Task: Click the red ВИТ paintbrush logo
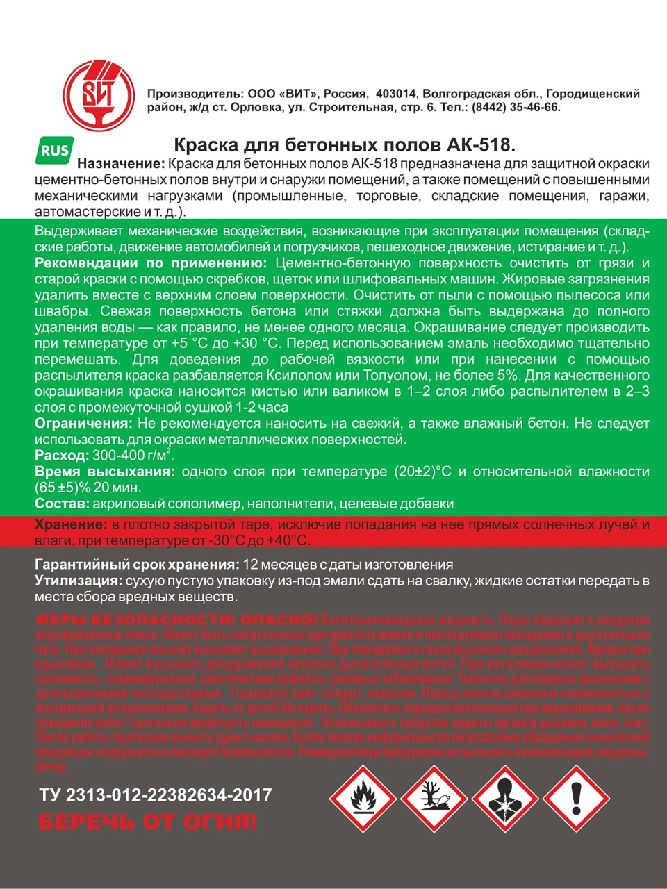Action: point(99,95)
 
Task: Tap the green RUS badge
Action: point(54,151)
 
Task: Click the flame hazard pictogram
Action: point(363,798)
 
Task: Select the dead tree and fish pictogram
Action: point(434,798)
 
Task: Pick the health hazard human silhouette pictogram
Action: point(505,798)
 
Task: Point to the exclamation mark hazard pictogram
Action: point(576,798)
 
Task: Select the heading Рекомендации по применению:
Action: point(150,263)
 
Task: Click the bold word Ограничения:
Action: point(83,423)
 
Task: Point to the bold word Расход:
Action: point(62,456)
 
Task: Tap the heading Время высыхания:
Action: point(104,472)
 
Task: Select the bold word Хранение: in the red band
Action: point(71,524)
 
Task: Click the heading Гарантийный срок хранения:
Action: point(137,565)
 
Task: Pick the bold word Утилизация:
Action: point(79,581)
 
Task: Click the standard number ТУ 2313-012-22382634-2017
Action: point(156,795)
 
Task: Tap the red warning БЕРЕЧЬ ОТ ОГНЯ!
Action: point(147,822)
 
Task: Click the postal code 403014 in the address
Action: point(395,94)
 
